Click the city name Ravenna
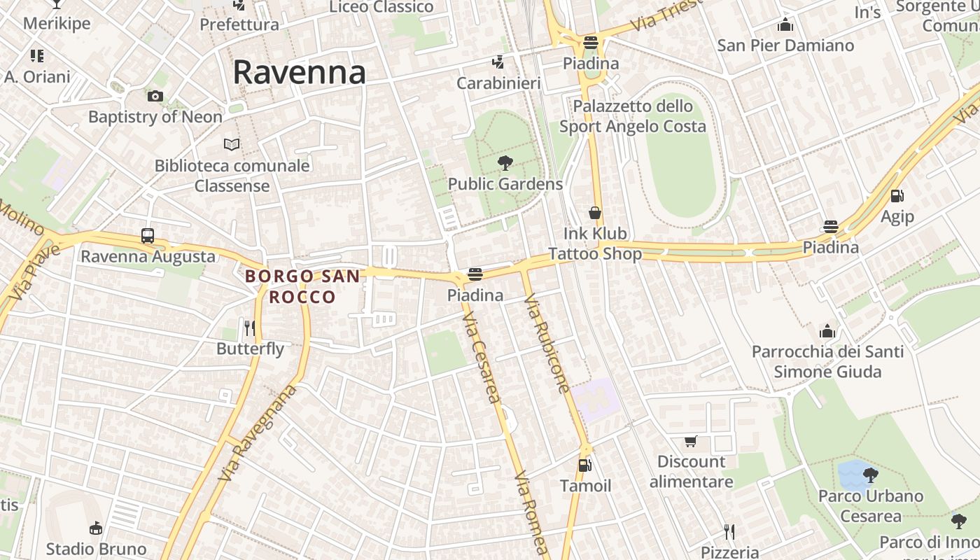[299, 72]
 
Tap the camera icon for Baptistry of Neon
[155, 96]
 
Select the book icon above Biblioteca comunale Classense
[232, 144]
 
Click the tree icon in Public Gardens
[504, 163]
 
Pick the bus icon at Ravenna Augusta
[147, 235]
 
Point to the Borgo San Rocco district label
[302, 286]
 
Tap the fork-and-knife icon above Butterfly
[249, 328]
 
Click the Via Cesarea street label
[482, 357]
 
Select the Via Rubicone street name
[547, 343]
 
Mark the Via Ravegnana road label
[258, 433]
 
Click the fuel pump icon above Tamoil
[584, 465]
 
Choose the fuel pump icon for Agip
[897, 196]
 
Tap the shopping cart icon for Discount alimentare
[691, 441]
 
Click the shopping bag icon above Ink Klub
[595, 213]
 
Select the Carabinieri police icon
[498, 62]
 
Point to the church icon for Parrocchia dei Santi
[827, 331]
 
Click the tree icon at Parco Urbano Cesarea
[871, 475]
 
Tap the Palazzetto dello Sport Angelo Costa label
[633, 116]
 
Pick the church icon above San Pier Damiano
[785, 25]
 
